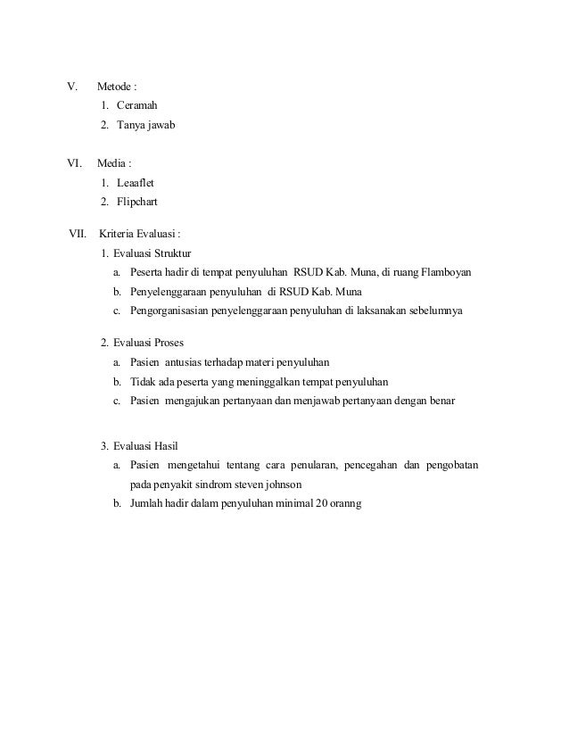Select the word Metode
[x=114, y=88]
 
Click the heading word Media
[x=111, y=164]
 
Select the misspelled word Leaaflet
[x=136, y=183]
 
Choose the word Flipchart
[x=137, y=202]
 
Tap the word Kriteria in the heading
[x=118, y=235]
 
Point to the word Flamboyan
[x=446, y=272]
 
